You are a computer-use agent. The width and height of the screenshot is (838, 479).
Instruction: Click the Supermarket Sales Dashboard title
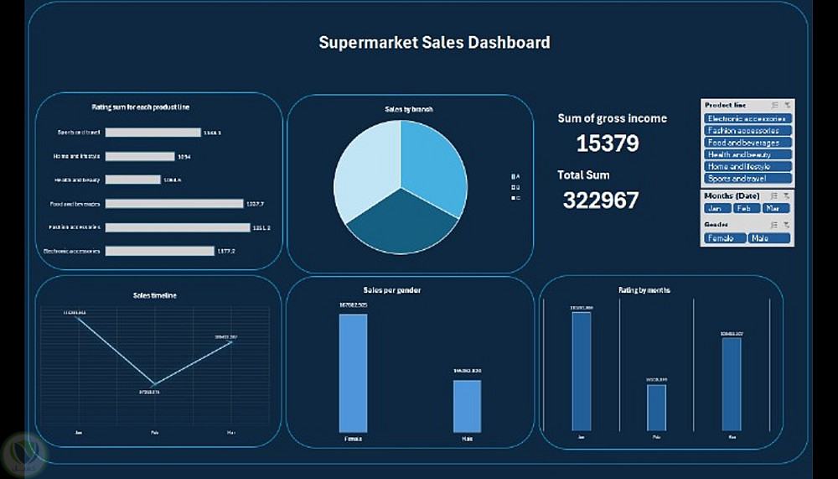click(434, 42)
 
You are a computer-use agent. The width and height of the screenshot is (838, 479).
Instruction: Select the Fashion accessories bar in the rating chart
click(178, 227)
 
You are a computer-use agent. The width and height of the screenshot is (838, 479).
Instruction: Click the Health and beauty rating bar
click(133, 180)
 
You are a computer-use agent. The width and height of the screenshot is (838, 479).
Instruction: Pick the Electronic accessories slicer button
click(747, 119)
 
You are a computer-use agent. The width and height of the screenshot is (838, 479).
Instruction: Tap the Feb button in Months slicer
click(747, 208)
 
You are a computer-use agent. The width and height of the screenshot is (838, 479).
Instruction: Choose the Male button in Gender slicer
click(769, 238)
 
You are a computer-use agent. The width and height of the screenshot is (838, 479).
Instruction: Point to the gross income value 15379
click(607, 143)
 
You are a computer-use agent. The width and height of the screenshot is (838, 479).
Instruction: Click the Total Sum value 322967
click(600, 200)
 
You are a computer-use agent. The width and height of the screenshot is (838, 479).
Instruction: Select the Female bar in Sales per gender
click(353, 373)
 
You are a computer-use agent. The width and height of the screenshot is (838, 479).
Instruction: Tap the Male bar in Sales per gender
click(467, 406)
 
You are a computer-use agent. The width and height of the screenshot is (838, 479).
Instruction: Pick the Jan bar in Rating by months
click(582, 371)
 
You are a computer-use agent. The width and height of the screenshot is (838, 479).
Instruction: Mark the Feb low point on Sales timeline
click(153, 384)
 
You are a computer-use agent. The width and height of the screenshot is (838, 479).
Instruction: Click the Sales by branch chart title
click(409, 109)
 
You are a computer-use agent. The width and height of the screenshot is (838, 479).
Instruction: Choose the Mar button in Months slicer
click(776, 208)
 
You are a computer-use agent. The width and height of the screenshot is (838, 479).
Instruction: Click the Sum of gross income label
click(612, 118)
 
